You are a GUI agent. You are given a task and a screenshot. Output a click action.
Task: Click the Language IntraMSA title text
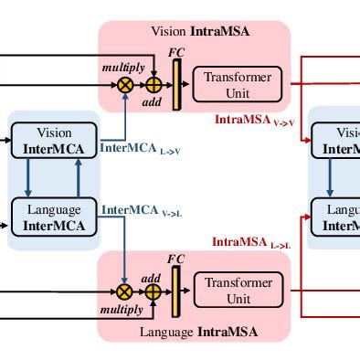tap(198, 331)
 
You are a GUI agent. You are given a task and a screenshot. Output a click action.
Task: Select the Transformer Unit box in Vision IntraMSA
tap(238, 84)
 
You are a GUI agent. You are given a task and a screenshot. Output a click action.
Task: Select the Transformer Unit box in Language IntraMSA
tap(238, 291)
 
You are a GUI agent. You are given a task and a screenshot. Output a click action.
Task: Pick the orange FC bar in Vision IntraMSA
tap(177, 82)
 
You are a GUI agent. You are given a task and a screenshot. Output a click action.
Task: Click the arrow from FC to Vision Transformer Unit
tap(187, 85)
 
